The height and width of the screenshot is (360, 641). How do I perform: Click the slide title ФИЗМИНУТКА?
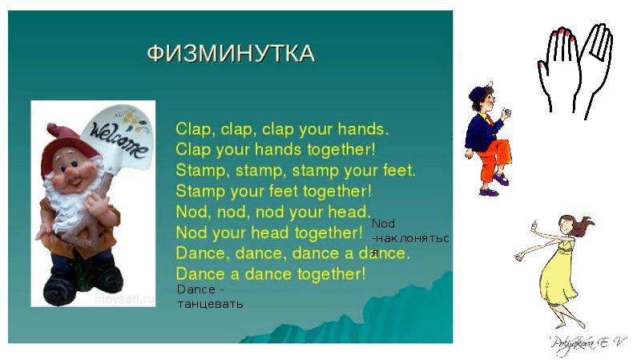click(x=231, y=54)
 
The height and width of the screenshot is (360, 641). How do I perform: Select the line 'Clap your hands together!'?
click(x=275, y=149)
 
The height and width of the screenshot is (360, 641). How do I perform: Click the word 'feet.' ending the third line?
click(x=398, y=170)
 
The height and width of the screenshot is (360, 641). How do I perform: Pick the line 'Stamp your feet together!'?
click(x=274, y=191)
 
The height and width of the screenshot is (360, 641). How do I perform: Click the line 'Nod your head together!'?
click(x=269, y=233)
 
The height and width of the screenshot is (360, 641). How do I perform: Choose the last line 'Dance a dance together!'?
click(x=270, y=274)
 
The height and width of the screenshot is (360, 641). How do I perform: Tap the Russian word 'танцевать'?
click(x=209, y=304)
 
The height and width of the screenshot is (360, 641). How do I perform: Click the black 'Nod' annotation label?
click(x=384, y=224)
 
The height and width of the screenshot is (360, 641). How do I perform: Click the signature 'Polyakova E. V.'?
click(x=587, y=343)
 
